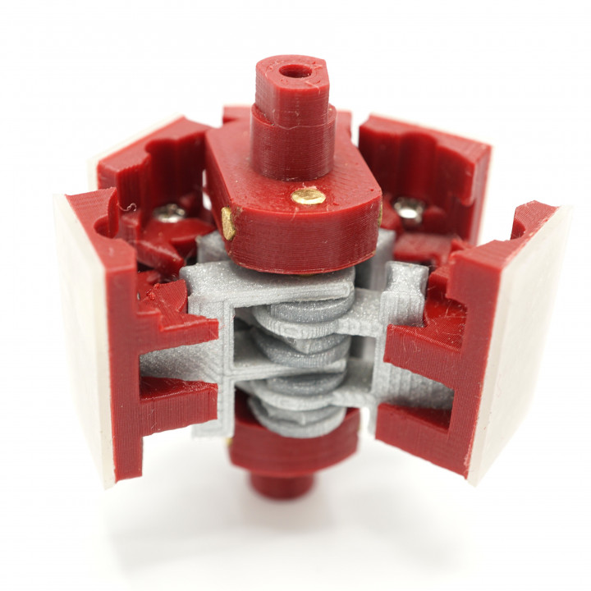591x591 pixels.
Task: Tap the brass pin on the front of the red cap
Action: pyautogui.click(x=309, y=195)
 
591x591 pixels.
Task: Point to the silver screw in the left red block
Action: pyautogui.click(x=170, y=213)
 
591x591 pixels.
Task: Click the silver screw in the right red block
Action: pyautogui.click(x=408, y=211)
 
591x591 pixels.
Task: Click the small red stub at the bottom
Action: pyautogui.click(x=282, y=483)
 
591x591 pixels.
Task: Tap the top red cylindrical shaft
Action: pyautogui.click(x=294, y=115)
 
